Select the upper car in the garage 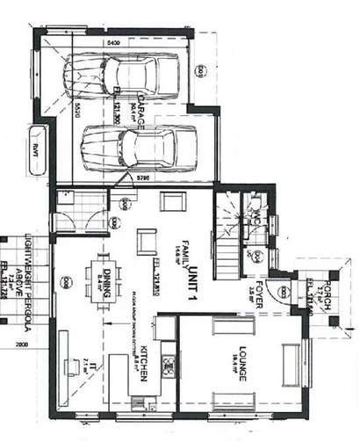click(125, 75)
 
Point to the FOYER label click(259, 286)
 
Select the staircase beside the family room click(231, 230)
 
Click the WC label click(256, 216)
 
